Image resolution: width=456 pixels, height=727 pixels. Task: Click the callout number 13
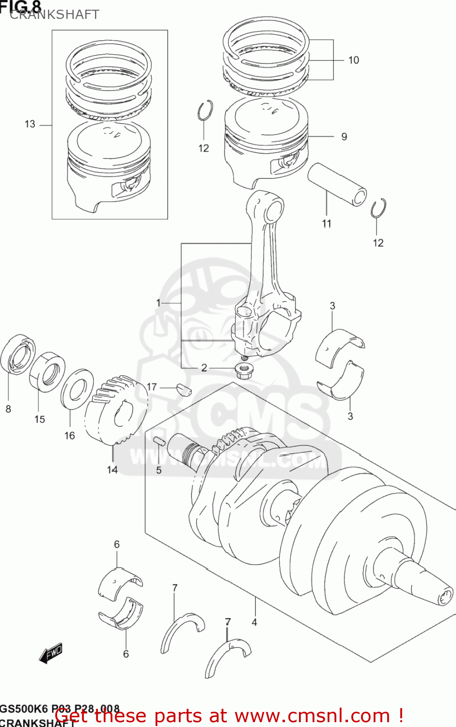[30, 124]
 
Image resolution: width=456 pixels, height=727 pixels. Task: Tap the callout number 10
[353, 60]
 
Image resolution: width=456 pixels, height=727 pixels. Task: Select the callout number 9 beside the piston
[344, 137]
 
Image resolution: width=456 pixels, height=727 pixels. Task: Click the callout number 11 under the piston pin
[327, 223]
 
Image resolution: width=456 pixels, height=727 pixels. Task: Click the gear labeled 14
[116, 410]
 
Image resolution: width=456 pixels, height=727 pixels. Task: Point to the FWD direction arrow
[51, 654]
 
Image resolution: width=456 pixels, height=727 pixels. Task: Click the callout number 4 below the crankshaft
[254, 622]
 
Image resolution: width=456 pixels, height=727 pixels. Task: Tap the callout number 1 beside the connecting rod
[158, 303]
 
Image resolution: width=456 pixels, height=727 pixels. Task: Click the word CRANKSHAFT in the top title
[54, 15]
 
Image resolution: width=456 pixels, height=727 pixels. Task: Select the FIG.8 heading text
[20, 6]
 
